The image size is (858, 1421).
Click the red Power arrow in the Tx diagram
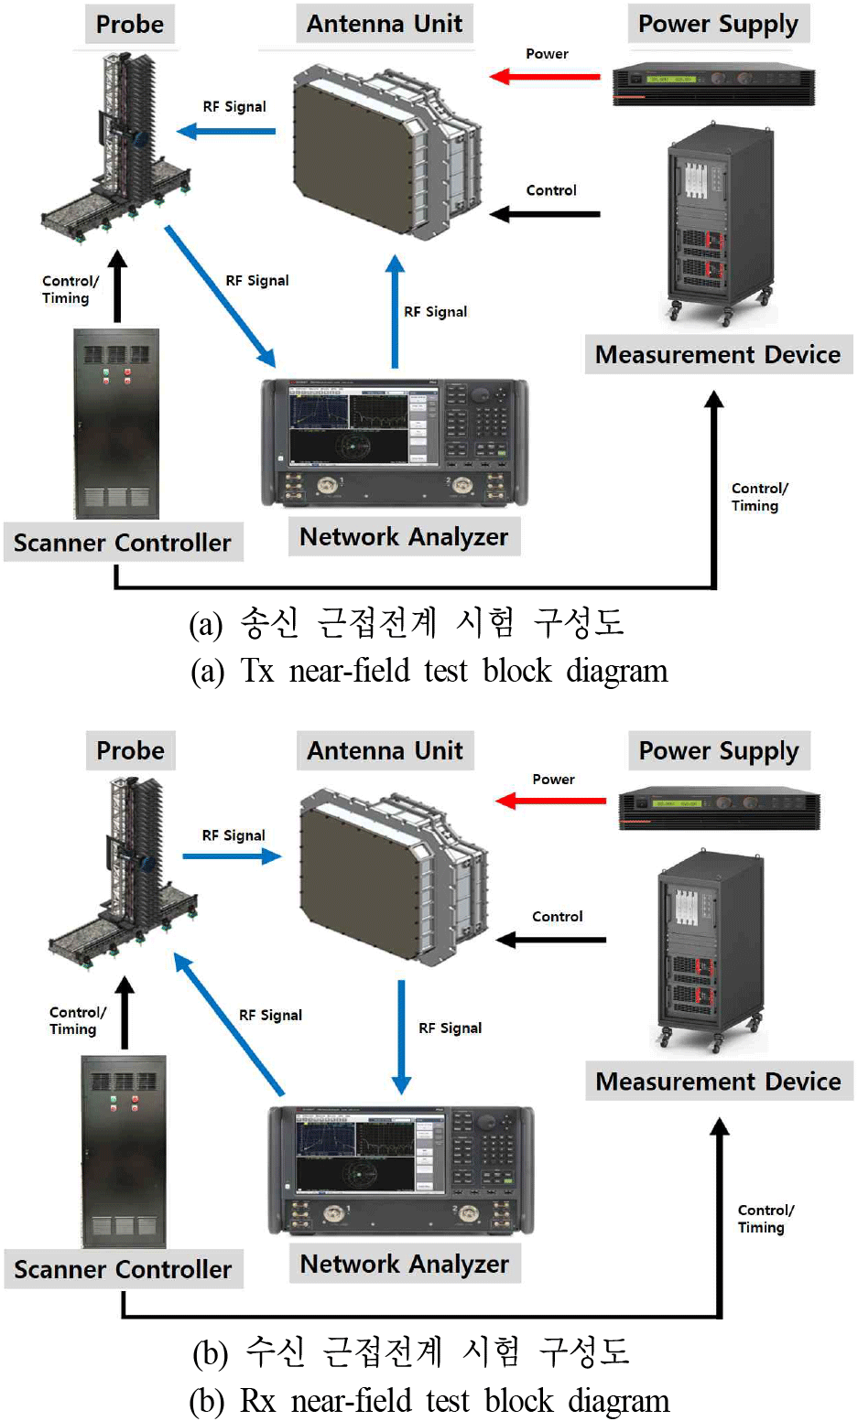click(x=545, y=77)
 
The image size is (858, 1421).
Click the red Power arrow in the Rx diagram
click(x=551, y=801)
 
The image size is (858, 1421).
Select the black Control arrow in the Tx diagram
click(x=545, y=214)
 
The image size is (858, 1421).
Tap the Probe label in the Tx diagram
click(x=130, y=24)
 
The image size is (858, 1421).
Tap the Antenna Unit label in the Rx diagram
click(x=386, y=750)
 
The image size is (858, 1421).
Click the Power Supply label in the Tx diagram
click(x=719, y=24)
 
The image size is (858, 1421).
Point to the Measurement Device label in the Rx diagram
click(x=719, y=1081)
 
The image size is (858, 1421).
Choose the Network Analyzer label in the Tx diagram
click(x=404, y=537)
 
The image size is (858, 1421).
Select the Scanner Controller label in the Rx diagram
click(x=123, y=1269)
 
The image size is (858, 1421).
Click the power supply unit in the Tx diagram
click(x=713, y=84)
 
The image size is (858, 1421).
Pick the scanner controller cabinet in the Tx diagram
click(x=116, y=423)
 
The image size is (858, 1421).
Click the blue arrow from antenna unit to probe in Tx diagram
click(x=226, y=132)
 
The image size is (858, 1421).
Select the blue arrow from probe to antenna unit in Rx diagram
click(x=232, y=856)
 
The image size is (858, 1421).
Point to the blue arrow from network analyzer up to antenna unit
click(x=395, y=311)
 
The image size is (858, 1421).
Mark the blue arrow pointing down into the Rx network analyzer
click(x=401, y=1038)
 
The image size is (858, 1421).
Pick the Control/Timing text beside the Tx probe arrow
click(x=70, y=289)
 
